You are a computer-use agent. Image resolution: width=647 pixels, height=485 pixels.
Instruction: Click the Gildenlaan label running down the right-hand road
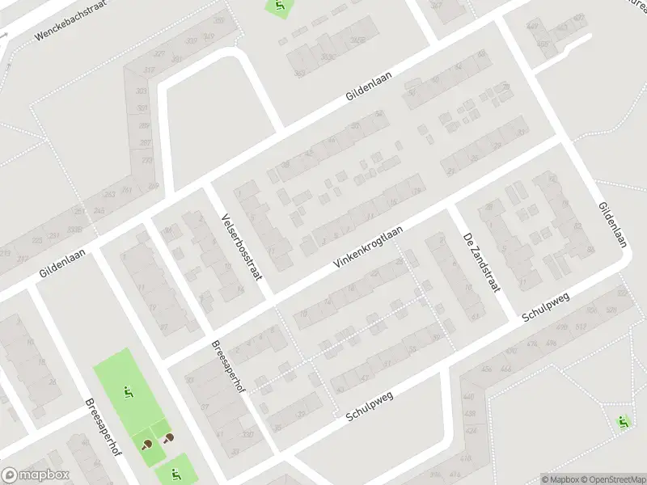coord(613,224)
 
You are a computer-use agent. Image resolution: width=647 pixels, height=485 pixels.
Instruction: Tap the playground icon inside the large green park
coord(128,393)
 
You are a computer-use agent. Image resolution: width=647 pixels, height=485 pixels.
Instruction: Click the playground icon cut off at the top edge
coord(280,6)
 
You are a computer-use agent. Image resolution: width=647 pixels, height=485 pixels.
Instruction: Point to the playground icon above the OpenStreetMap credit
coord(622,421)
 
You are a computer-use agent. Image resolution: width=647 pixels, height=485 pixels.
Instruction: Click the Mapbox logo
coord(35,475)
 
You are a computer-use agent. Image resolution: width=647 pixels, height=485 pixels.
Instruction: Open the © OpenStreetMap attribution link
coord(612,479)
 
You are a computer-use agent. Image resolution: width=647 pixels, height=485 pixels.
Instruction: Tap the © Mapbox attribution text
coord(560,479)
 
